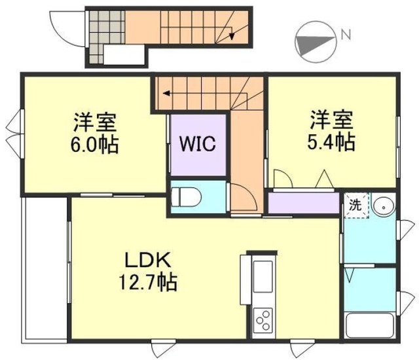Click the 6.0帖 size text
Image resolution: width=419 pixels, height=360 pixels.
[x=95, y=145]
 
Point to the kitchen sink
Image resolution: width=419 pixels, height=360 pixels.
[x=264, y=276]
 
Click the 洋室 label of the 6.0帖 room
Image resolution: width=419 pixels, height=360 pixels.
[x=95, y=122]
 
